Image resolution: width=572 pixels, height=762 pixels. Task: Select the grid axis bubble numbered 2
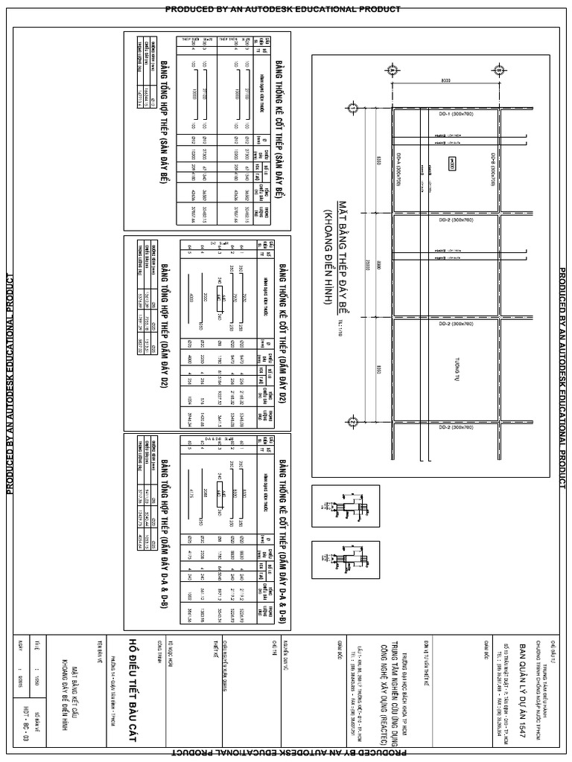[352, 423]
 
